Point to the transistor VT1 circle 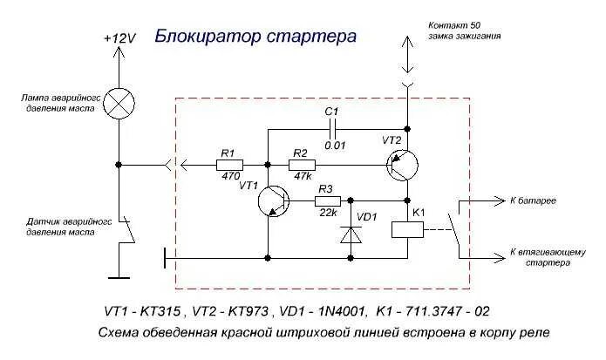[276, 201]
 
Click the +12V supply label [119, 39]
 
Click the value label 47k [303, 176]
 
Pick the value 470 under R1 [230, 176]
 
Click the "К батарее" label [534, 200]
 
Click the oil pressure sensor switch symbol [128, 230]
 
